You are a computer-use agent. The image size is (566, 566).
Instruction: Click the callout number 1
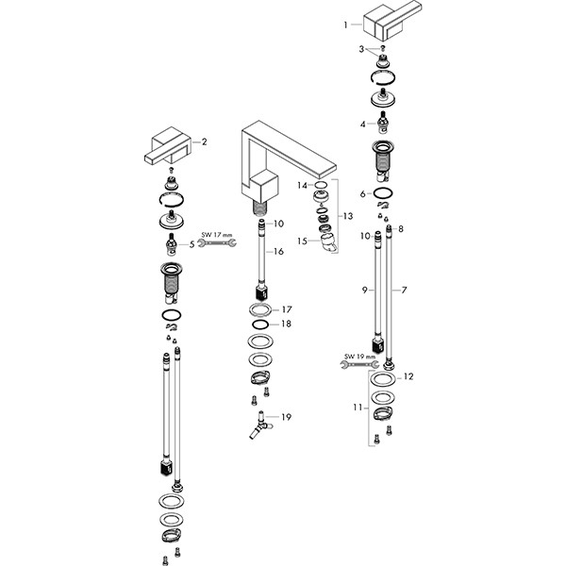[x=346, y=24]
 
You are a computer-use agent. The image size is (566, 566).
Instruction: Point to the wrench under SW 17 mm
[x=216, y=245]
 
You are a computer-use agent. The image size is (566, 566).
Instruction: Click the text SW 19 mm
[x=359, y=356]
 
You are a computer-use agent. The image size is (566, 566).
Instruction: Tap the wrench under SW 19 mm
[x=359, y=364]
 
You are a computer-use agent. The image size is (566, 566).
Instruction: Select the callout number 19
[x=287, y=416]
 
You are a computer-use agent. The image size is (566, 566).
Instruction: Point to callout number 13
[x=349, y=215]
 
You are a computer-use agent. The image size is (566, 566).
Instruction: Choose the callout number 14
[x=302, y=185]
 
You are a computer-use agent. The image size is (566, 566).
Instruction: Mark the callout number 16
[x=279, y=253]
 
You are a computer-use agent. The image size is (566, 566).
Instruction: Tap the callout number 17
[x=287, y=308]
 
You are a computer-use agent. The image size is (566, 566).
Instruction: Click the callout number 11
[x=358, y=408]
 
